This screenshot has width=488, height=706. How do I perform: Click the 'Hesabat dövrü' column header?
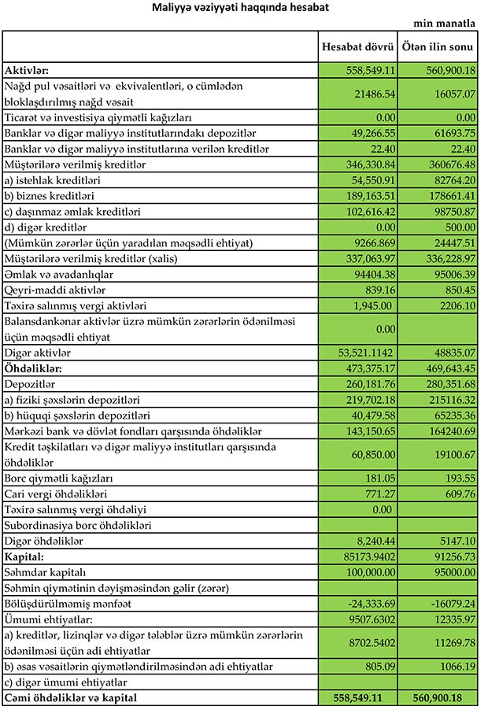(357, 47)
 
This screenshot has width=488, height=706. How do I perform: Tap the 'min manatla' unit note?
(445, 24)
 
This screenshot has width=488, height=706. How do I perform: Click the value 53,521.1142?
(359, 352)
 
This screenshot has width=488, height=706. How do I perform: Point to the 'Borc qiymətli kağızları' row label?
(58, 478)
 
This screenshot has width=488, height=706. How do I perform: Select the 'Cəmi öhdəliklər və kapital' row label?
(70, 697)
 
